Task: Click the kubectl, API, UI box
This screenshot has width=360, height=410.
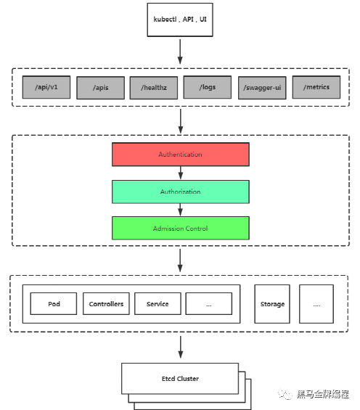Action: point(180,20)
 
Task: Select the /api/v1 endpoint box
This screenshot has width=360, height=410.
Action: point(46,87)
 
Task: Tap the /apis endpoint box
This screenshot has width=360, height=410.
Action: point(100,88)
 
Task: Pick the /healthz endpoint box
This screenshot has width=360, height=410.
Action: point(154,88)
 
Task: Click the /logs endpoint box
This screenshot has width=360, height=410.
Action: point(208,87)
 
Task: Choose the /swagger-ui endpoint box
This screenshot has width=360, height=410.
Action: point(262,88)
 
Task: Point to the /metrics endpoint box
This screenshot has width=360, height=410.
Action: point(316,87)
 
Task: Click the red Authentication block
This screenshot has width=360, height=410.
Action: point(181,155)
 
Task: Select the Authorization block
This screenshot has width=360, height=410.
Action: point(181,192)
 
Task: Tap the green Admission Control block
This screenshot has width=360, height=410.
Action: point(181,228)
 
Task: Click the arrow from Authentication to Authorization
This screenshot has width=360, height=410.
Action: point(181,173)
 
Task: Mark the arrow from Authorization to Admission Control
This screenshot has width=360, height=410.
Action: point(181,210)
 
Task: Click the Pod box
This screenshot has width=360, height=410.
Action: point(54,303)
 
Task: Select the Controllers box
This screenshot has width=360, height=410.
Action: point(106,303)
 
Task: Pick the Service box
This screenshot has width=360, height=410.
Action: point(157,303)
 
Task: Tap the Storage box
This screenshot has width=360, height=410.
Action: point(272,304)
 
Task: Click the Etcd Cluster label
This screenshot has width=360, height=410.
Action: point(180,379)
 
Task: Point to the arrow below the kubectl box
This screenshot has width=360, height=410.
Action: point(180,52)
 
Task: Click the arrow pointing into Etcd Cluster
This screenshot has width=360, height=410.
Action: point(181,347)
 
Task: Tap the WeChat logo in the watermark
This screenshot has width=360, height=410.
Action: point(285,394)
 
